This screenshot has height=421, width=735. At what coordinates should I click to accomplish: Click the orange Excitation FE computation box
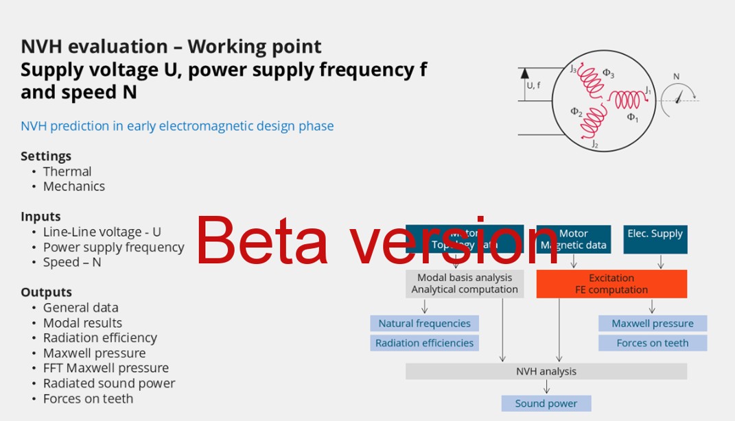[611, 284]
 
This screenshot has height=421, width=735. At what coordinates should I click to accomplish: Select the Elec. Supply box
[655, 239]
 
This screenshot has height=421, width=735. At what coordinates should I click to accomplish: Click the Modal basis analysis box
[465, 284]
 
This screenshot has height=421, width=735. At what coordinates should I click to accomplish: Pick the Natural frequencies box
[424, 324]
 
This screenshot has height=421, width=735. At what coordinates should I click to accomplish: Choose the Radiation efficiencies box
[424, 343]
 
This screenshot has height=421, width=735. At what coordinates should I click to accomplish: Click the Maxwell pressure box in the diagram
[652, 324]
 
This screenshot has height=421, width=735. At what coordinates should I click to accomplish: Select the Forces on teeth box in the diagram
[652, 343]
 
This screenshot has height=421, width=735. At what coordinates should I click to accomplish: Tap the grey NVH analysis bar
[546, 372]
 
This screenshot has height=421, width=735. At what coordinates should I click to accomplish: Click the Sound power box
[546, 403]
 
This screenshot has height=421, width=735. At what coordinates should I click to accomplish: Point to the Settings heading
[46, 156]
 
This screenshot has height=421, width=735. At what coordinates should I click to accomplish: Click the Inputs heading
[40, 217]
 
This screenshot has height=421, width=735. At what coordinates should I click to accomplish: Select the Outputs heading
[46, 292]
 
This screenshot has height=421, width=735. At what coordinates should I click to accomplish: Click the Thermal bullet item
[67, 171]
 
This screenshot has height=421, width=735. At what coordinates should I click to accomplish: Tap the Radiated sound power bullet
[109, 383]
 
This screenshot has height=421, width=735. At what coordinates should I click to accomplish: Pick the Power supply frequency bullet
[114, 247]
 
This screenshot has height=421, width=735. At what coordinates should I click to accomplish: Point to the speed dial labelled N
[678, 97]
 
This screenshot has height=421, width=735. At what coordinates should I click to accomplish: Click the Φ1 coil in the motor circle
[627, 100]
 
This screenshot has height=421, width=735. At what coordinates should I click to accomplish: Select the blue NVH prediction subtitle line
[177, 126]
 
